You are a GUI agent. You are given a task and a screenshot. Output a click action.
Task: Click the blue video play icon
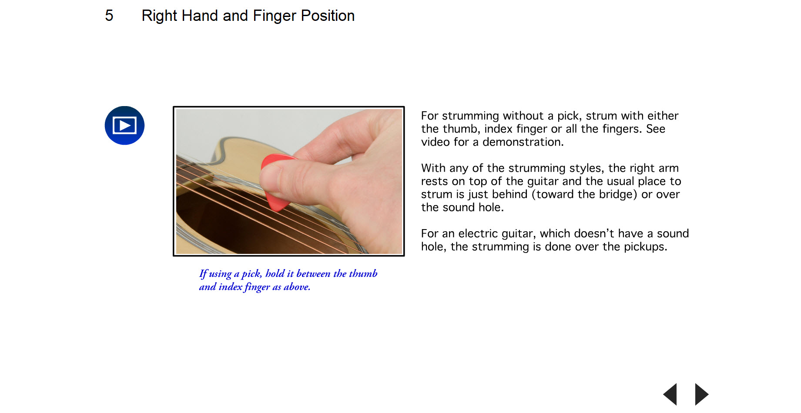pos(124,126)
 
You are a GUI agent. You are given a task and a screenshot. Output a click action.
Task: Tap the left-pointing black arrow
pos(670,394)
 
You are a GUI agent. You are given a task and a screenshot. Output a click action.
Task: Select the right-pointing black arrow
pos(701,394)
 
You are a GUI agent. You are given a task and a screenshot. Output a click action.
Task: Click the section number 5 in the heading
pos(109,16)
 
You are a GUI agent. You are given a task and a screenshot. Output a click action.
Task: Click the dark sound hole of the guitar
pos(244,226)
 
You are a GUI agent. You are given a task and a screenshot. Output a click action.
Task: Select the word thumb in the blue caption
pos(363,273)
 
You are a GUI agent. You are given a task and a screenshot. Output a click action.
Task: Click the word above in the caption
pos(297,287)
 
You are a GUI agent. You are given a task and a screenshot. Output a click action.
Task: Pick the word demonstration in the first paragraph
pos(523,142)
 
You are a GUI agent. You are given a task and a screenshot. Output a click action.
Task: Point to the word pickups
pos(645,247)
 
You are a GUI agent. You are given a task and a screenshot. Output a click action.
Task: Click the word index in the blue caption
pos(230,287)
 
